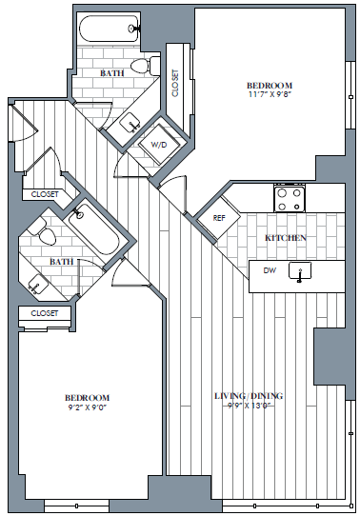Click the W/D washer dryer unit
(160, 145)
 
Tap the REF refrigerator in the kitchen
(219, 218)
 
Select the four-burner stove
(290, 199)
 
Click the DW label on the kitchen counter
(270, 270)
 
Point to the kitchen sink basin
(300, 270)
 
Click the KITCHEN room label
(286, 238)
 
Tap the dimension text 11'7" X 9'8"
(270, 95)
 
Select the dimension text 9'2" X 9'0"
(88, 407)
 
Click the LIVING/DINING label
(249, 395)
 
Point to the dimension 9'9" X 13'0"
(249, 406)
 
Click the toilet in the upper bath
(145, 65)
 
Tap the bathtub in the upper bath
(110, 29)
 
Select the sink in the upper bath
(130, 123)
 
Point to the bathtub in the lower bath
(94, 229)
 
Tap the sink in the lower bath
(38, 284)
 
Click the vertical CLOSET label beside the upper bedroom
(175, 83)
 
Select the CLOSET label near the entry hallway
(45, 194)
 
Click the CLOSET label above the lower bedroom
(45, 313)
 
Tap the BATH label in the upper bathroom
(112, 73)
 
